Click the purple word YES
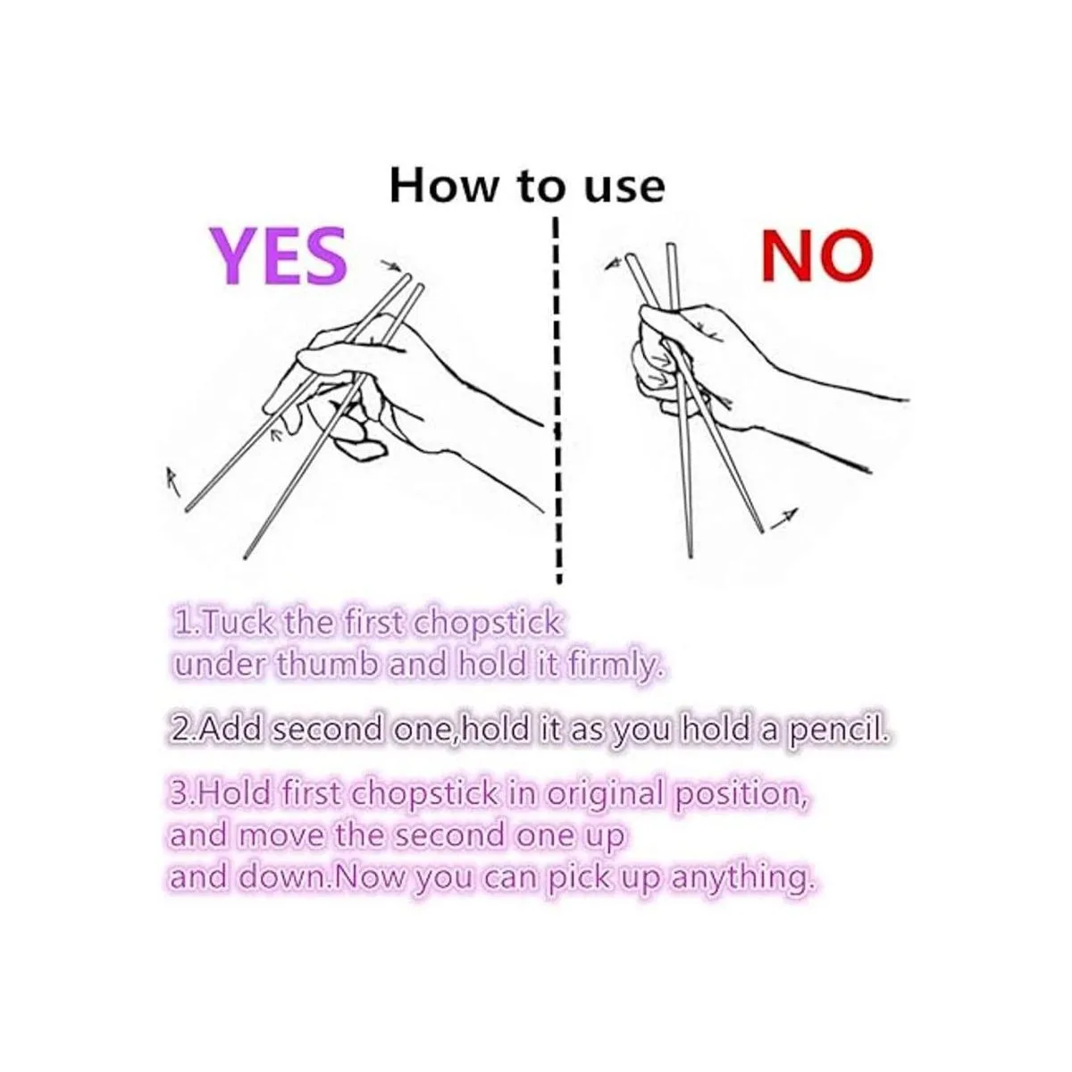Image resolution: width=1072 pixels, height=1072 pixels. (x=278, y=255)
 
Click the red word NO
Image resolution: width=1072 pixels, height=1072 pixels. (x=817, y=255)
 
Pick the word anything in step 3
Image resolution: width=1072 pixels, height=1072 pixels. (x=743, y=881)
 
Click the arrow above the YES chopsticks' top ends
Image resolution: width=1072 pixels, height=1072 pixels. (x=391, y=265)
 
